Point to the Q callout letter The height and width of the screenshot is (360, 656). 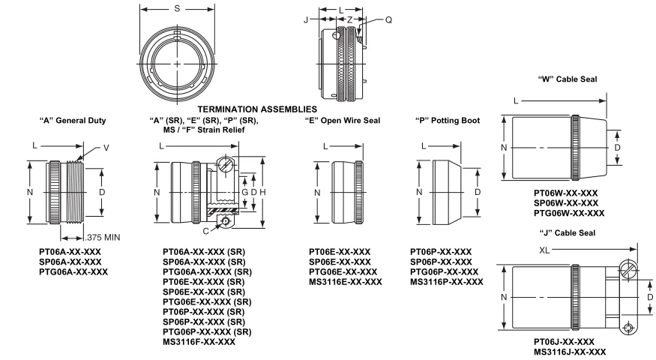click(x=388, y=20)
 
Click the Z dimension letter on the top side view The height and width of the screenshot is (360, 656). click(x=350, y=20)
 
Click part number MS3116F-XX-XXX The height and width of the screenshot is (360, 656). click(x=199, y=342)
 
